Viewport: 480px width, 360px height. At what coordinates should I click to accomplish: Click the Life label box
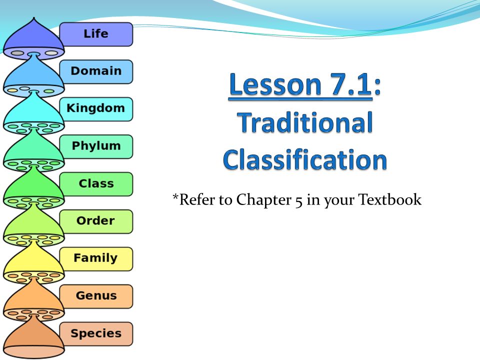tap(96, 34)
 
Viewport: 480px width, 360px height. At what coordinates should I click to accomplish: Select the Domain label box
tap(96, 71)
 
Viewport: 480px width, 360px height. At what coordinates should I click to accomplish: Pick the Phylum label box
tap(96, 146)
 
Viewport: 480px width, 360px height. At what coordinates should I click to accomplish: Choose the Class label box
tap(96, 184)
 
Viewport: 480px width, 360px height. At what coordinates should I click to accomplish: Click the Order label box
tap(96, 221)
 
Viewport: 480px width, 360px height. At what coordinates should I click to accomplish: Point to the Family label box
tap(96, 259)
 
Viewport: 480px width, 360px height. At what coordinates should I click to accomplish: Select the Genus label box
tap(96, 296)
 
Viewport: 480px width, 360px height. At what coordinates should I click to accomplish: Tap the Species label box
tap(96, 334)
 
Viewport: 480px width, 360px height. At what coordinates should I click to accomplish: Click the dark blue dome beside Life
tap(33, 38)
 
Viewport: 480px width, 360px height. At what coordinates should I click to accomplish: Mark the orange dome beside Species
tap(33, 338)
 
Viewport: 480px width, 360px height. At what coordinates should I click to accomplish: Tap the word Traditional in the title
tap(305, 122)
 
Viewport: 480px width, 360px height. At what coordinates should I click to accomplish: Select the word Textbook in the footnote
tap(389, 199)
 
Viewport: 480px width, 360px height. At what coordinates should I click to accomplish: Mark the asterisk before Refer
tap(175, 196)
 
